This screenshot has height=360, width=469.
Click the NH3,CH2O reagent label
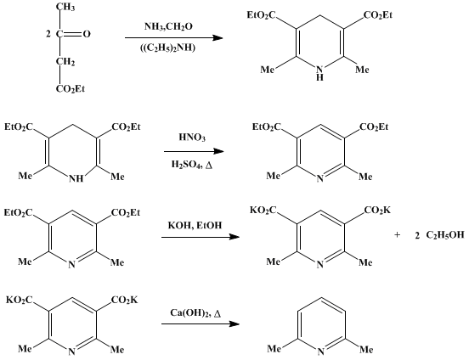[x=168, y=27]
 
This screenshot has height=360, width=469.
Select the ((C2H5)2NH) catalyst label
[x=167, y=48]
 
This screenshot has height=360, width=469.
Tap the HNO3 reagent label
[x=192, y=138]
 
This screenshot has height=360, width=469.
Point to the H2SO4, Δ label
[x=192, y=165]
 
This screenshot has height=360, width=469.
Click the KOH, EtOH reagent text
[x=195, y=225]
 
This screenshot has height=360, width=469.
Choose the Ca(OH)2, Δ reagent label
[x=196, y=313]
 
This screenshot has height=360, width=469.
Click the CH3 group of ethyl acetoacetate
[x=65, y=7]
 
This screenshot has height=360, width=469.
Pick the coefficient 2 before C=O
[x=48, y=34]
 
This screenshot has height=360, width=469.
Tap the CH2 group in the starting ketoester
[x=65, y=62]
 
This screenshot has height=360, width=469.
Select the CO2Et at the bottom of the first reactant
[x=71, y=89]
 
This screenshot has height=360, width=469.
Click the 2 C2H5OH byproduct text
[x=440, y=235]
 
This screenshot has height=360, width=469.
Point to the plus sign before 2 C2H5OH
[x=397, y=234]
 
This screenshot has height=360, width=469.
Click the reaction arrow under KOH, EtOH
[x=201, y=237]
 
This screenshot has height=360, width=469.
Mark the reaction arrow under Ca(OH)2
[x=201, y=323]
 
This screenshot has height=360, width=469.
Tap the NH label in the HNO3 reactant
[x=76, y=179]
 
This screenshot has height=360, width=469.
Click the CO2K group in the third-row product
[x=377, y=211]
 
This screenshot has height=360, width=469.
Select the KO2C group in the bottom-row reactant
[x=20, y=300]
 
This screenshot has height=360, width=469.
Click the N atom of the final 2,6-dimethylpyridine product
[x=320, y=352]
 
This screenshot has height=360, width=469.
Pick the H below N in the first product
[x=320, y=78]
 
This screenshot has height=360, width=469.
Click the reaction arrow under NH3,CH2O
[x=174, y=38]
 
